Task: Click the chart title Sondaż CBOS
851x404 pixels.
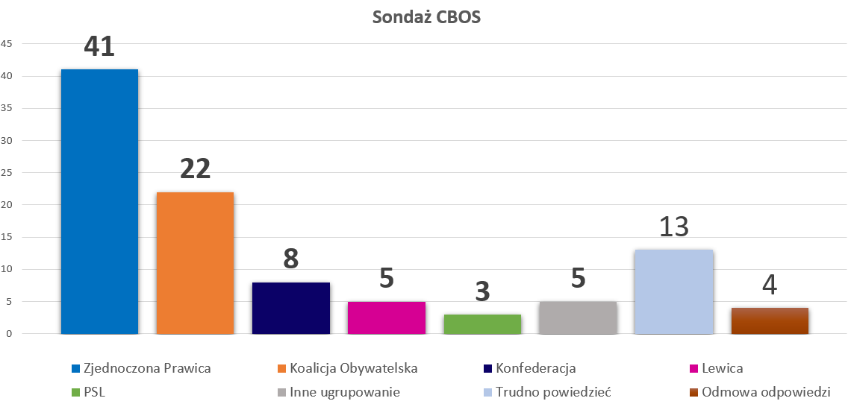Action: [x=426, y=17]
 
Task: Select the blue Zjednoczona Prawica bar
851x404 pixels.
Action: [x=99, y=201]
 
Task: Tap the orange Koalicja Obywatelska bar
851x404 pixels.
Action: [x=195, y=262]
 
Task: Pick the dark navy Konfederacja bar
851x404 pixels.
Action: [x=291, y=308]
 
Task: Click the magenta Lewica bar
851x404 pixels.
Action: [x=387, y=318]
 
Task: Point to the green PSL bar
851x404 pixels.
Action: [x=482, y=324]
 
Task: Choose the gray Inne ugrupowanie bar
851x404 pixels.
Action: [x=578, y=318]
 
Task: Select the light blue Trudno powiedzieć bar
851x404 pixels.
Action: [x=674, y=291]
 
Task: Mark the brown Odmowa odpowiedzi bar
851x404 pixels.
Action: [x=770, y=321]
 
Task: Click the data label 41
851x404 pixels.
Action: [x=99, y=46]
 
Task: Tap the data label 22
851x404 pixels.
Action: [x=195, y=169]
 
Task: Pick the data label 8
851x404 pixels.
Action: [x=291, y=259]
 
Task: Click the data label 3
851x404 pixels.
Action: [x=482, y=291]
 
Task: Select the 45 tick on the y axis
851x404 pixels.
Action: [x=7, y=44]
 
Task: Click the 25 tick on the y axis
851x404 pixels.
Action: [x=7, y=173]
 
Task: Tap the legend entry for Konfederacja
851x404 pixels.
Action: [x=529, y=368]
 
